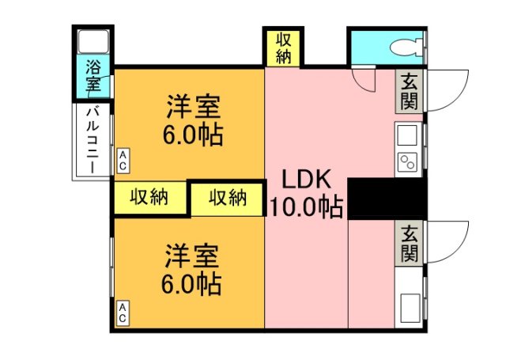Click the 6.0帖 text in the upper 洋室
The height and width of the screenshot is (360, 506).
tap(193, 133)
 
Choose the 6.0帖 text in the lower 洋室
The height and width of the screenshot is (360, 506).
tap(193, 282)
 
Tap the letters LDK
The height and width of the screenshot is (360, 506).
tap(307, 178)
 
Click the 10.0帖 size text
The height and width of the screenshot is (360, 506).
tap(307, 207)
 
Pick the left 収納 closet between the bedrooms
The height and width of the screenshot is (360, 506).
tap(149, 197)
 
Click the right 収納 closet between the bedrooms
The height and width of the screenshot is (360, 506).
tap(228, 197)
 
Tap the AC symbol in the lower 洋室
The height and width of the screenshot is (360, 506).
tap(123, 313)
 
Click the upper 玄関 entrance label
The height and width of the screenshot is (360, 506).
tap(409, 90)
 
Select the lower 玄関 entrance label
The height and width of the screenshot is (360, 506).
tap(409, 243)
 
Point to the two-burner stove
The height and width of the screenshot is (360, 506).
tap(409, 164)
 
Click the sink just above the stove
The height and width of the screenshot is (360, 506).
tap(408, 136)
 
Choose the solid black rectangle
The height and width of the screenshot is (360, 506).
tap(387, 198)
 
